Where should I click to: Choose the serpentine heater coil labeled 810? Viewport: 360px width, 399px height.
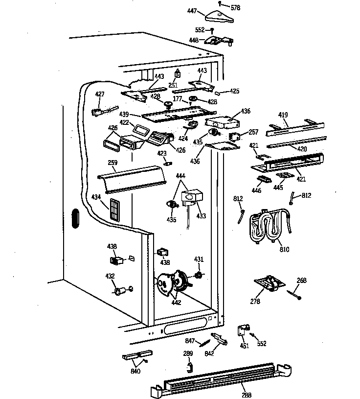[267, 226]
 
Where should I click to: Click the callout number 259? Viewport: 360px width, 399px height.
[112, 163]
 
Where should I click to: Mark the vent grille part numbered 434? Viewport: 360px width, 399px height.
[115, 210]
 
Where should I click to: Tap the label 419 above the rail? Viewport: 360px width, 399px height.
[283, 116]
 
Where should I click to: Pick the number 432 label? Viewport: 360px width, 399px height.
[110, 276]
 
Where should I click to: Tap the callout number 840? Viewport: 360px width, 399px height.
[135, 371]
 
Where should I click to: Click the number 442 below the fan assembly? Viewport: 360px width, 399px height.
[176, 303]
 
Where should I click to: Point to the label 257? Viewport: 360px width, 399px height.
[253, 132]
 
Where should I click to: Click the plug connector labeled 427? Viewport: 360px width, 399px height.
[98, 112]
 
